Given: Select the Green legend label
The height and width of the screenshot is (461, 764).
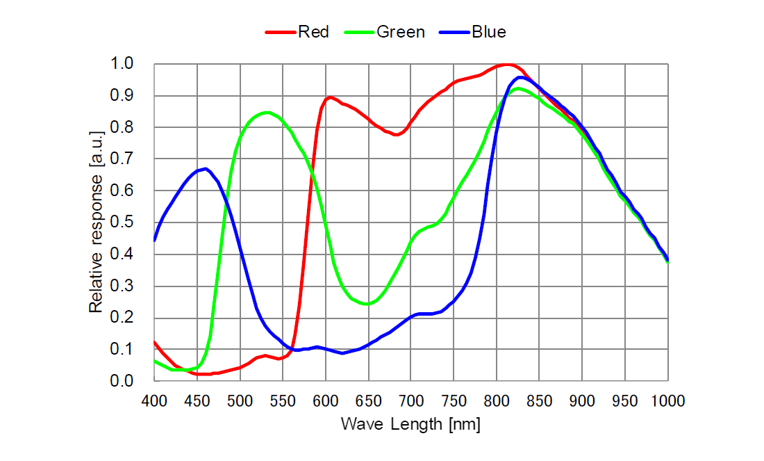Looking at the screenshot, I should pos(400,31).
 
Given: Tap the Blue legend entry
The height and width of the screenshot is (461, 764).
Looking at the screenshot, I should pos(488,31).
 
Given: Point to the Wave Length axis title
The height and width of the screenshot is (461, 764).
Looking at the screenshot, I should pos(410,423).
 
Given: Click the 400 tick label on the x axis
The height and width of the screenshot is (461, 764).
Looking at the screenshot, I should pos(154,401).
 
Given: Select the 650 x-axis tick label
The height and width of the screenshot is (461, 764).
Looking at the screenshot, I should pos(368,401).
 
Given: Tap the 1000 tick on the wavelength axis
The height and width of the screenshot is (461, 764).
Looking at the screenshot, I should pos(667,401).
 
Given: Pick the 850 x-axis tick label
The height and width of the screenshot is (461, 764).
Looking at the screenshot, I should pos(539,401).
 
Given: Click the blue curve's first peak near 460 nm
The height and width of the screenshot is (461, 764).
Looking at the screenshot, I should pos(205,168).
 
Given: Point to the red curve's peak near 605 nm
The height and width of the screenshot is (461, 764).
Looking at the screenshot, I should pos(330,97).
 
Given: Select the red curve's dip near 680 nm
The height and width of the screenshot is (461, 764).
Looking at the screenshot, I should pos(395,134).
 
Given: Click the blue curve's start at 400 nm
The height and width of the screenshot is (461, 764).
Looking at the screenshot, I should pos(154,240).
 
